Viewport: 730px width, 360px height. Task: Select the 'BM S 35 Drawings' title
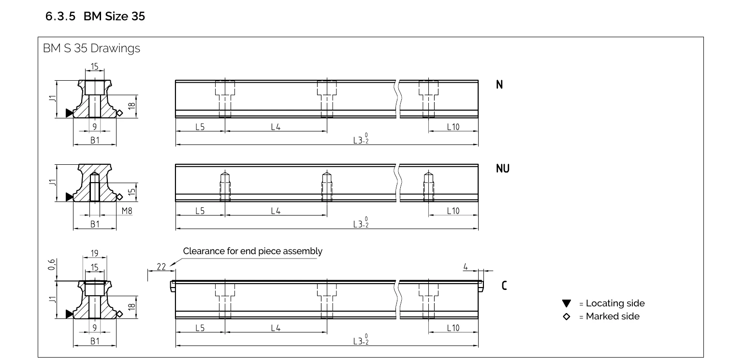point(92,48)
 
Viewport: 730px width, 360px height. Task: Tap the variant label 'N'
point(499,85)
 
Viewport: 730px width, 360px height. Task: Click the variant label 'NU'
point(503,169)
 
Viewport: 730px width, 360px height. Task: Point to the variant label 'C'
point(504,286)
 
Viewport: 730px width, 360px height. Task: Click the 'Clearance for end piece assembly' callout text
point(252,251)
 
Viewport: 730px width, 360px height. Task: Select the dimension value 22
point(161,267)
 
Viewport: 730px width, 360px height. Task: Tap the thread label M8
point(127,211)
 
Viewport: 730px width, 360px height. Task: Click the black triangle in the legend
point(567,303)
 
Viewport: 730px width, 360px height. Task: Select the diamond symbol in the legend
point(567,317)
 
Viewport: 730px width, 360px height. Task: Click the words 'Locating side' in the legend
point(615,303)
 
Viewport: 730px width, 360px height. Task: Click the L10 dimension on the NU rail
point(453,211)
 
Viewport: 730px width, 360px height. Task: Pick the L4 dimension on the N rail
point(276,127)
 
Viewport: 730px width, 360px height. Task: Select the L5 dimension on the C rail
point(200,328)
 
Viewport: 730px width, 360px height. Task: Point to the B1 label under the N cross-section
point(95,141)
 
